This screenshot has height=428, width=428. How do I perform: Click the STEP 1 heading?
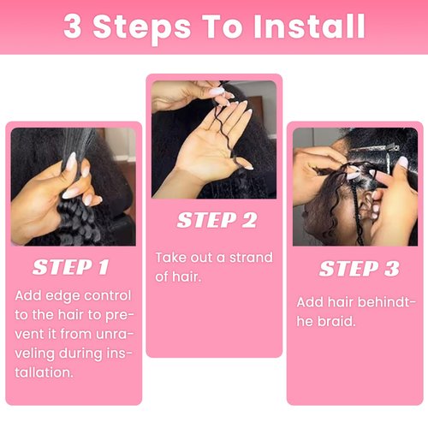[71, 267]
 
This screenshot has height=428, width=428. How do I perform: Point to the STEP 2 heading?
[217, 220]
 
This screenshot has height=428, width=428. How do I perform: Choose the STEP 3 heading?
[359, 269]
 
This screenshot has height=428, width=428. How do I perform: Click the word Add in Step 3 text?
[311, 302]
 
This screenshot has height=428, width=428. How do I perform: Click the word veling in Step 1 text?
[36, 354]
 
